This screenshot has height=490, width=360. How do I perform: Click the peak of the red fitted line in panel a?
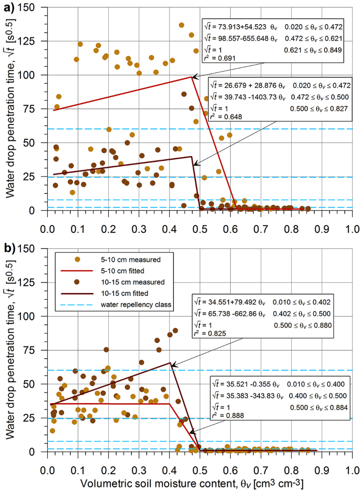[x=192, y=77]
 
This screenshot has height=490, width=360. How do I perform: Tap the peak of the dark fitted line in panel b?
[x=170, y=363]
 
